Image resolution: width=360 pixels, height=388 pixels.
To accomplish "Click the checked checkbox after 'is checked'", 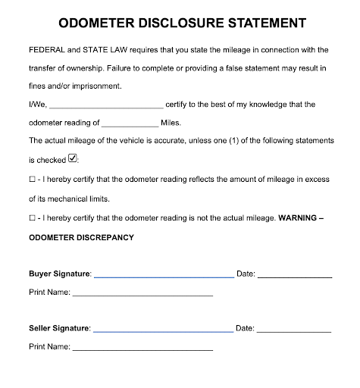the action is [73, 159].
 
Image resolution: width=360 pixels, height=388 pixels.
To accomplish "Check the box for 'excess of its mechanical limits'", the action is [33, 180].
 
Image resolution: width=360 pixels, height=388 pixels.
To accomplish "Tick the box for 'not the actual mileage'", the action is [33, 218].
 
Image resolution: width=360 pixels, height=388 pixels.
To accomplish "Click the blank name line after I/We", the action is [105, 105].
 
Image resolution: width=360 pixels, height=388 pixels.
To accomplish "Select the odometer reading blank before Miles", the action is [129, 124].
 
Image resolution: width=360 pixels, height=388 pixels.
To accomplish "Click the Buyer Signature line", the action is [164, 274].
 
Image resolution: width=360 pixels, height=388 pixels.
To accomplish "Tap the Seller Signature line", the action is [163, 330].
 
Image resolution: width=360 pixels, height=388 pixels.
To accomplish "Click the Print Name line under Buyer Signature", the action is [142, 293].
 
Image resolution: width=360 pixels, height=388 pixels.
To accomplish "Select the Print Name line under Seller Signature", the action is [142, 348].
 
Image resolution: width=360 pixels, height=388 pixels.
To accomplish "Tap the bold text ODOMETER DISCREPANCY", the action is [81, 237].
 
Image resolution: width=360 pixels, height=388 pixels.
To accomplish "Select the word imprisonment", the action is [94, 86].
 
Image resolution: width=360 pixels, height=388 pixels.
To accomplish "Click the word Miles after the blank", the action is [171, 123].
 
